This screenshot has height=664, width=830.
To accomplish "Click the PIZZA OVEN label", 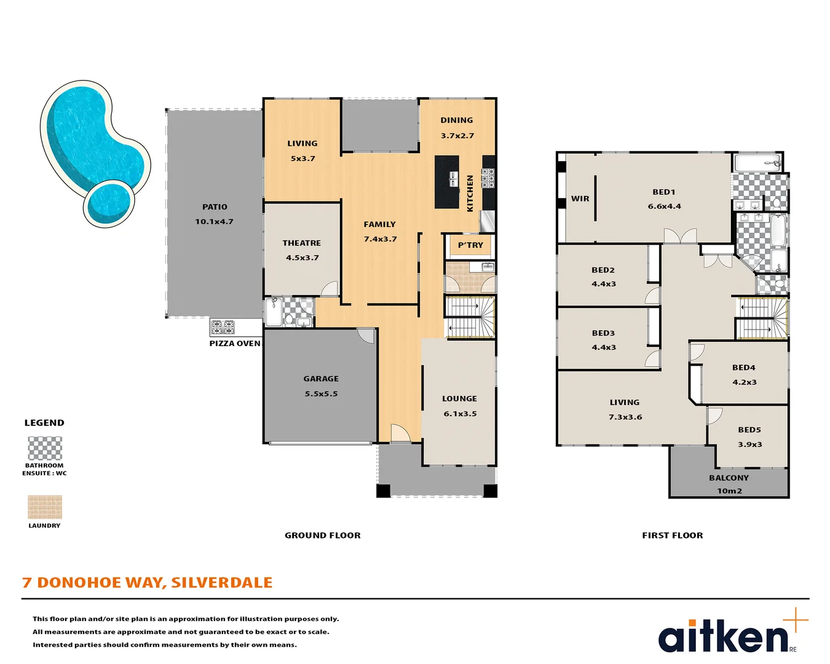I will click(235, 343).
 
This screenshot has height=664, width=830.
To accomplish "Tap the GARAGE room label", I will click(321, 379).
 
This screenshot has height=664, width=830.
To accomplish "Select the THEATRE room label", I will click(302, 243).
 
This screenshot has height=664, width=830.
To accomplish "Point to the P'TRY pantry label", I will click(470, 245).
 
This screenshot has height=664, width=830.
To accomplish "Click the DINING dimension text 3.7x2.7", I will click(457, 136).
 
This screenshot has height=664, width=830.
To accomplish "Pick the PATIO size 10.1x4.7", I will click(215, 221).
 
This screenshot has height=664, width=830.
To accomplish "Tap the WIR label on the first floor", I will click(580, 199).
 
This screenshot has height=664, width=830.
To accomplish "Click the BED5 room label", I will click(749, 430).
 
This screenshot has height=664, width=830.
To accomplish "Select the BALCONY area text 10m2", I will click(729, 491).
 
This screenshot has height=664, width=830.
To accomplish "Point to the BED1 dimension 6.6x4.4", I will click(664, 207).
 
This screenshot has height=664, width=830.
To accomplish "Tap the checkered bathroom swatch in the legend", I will click(45, 448).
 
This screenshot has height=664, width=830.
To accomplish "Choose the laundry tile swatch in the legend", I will click(45, 507).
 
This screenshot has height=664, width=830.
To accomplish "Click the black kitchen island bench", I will click(447, 181).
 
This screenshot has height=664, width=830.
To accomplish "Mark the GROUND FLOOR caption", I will click(323, 536).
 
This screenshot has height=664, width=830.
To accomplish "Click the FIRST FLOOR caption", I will click(673, 536).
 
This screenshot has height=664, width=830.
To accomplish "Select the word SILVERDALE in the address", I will click(221, 583).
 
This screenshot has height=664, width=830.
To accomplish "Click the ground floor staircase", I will click(470, 317).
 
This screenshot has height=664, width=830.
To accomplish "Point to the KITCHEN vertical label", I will click(470, 193).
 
